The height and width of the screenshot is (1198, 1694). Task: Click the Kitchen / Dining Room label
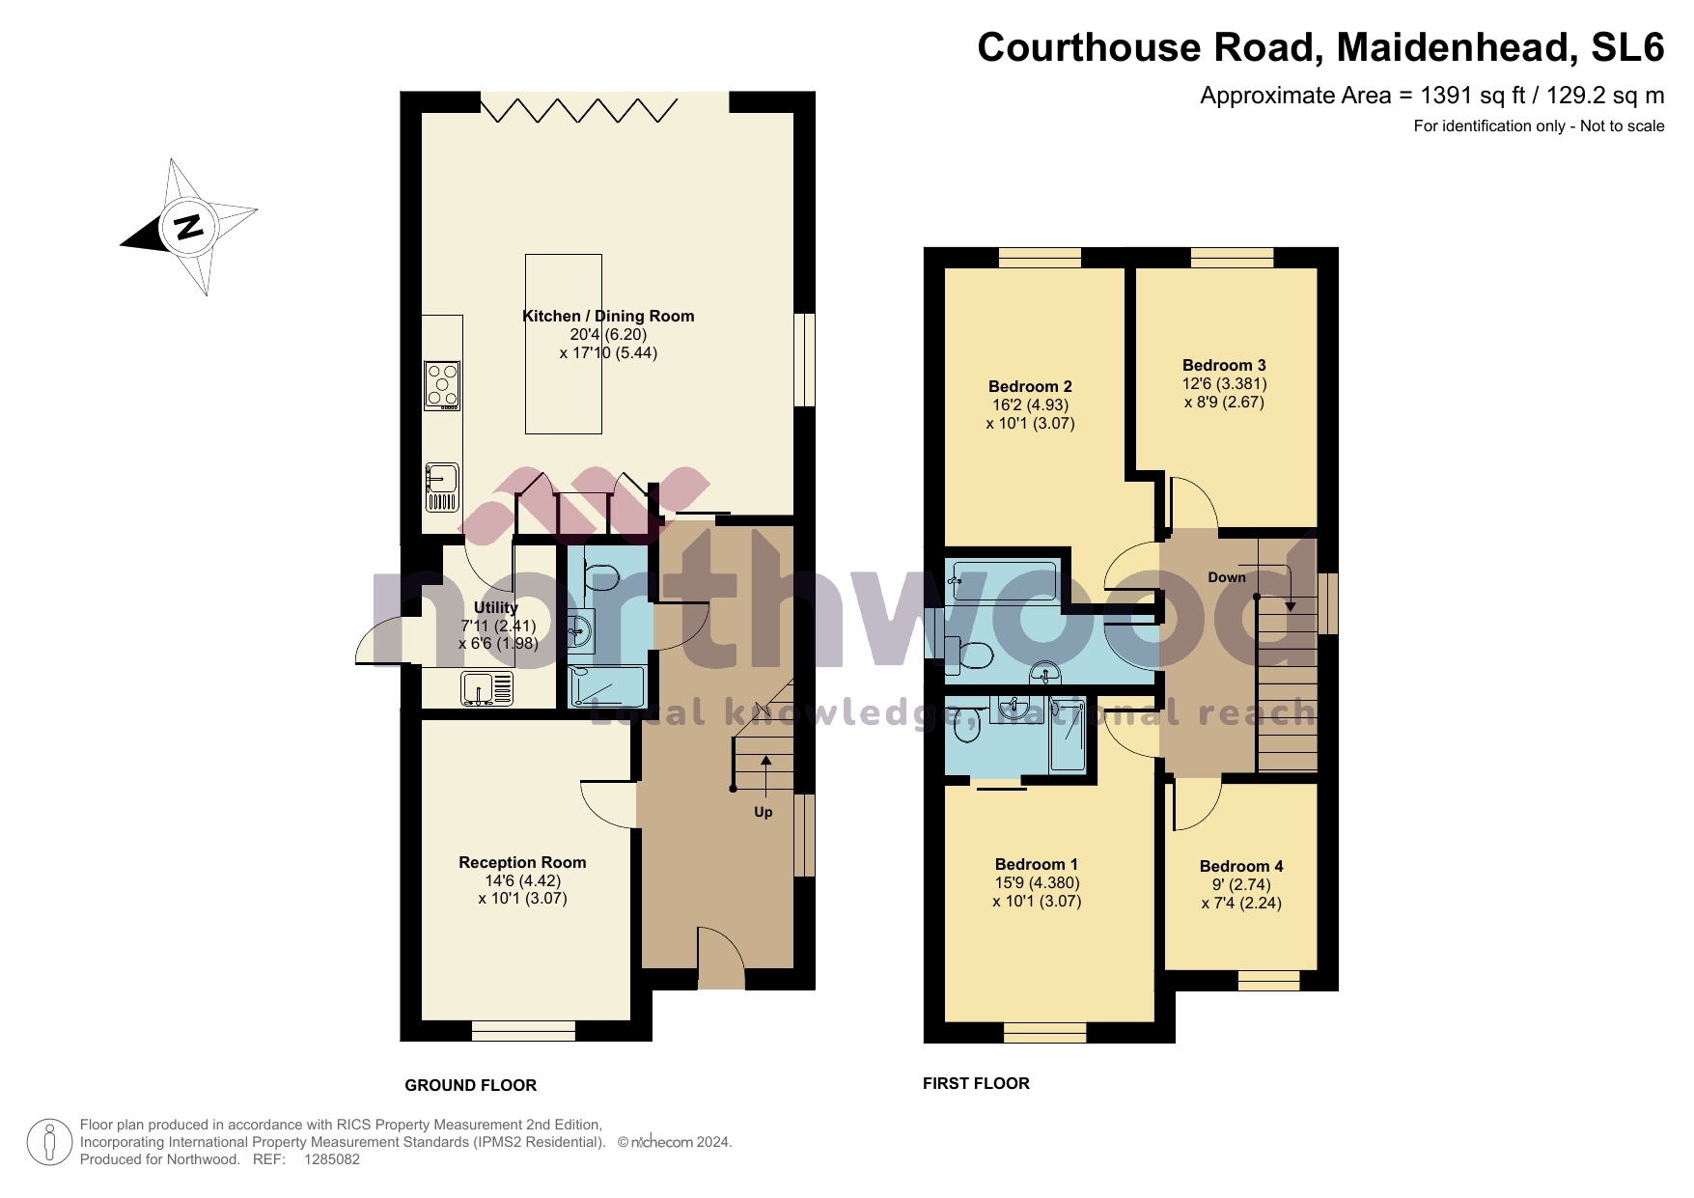(x=608, y=316)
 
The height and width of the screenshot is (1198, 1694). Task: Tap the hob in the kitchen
(x=442, y=385)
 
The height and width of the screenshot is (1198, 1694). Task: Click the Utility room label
(x=495, y=607)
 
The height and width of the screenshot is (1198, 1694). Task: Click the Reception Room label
(x=522, y=862)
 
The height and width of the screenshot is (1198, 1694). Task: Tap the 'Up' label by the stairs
(x=763, y=812)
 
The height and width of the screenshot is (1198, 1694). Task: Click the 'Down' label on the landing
(x=1226, y=577)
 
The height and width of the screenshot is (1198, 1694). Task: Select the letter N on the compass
(x=188, y=227)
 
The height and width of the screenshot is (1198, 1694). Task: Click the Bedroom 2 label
(x=1030, y=386)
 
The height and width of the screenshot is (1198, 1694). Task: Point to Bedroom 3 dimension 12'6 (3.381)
(x=1224, y=383)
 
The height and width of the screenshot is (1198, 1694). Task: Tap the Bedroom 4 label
(x=1240, y=866)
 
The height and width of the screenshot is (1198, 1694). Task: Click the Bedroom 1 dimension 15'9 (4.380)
(x=1037, y=882)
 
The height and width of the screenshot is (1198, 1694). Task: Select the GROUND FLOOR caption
(x=470, y=1085)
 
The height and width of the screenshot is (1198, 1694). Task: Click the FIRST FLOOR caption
(x=976, y=1083)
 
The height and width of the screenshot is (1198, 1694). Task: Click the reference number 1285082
(x=331, y=1159)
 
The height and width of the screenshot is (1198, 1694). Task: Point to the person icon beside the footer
(x=48, y=1142)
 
